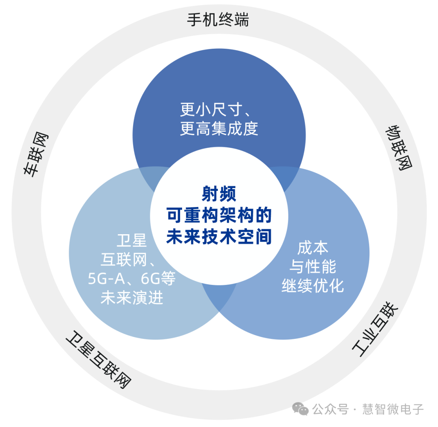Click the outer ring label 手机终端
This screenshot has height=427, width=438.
[x=218, y=19]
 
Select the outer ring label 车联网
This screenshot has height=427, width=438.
[x=36, y=154]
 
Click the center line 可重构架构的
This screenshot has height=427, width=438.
[x=219, y=216]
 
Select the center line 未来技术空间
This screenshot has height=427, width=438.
[x=219, y=237]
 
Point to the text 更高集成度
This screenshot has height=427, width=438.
[x=219, y=129]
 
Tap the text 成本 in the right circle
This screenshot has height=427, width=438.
[x=313, y=248]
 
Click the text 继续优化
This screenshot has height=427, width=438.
[x=313, y=286]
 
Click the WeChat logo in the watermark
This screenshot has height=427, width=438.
[x=301, y=409]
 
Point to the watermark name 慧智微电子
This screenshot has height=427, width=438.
[x=393, y=409]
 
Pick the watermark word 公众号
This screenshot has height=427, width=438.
[x=330, y=409]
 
